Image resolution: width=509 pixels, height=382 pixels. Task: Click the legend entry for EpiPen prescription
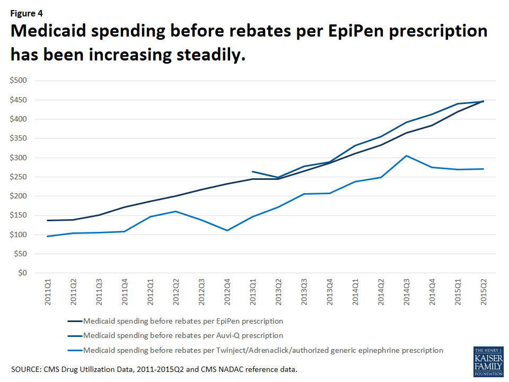[x=183, y=321]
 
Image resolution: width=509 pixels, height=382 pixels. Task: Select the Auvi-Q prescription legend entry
[x=183, y=335]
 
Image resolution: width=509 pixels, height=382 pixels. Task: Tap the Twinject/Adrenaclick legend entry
[x=263, y=350]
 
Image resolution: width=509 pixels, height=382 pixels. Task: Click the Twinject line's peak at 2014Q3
[x=407, y=155]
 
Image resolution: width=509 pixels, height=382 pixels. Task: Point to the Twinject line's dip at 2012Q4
[x=227, y=230]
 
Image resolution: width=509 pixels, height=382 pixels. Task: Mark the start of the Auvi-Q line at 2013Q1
[x=253, y=171]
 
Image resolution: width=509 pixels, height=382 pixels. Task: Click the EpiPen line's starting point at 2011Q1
[x=48, y=220]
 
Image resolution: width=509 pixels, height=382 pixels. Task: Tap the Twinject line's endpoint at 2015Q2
[x=484, y=169]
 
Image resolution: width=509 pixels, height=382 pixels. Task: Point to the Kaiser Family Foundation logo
[x=488, y=362]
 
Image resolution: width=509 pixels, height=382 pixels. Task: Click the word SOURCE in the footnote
[x=27, y=368]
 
